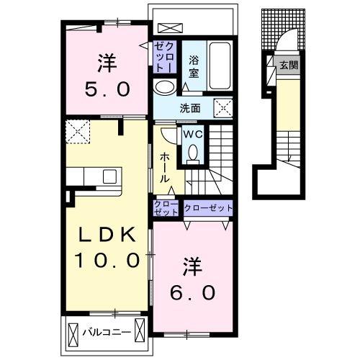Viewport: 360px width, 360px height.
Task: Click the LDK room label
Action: tap(107, 235)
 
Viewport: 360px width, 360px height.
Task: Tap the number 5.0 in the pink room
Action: tap(107, 89)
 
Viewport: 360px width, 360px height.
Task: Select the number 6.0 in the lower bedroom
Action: tap(192, 292)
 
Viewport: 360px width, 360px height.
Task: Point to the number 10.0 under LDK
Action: tap(107, 261)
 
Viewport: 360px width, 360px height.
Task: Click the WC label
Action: tap(193, 135)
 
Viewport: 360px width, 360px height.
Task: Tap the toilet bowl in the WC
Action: tap(193, 153)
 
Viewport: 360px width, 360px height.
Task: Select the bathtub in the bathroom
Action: tap(220, 66)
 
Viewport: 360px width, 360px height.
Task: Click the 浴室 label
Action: tap(194, 66)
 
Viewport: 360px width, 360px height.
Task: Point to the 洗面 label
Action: tap(190, 109)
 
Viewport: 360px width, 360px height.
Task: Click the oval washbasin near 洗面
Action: tap(165, 87)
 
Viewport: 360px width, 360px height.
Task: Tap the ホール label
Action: tap(165, 168)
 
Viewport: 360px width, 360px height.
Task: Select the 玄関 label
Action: tap(289, 65)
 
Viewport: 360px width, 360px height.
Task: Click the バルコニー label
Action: tap(107, 332)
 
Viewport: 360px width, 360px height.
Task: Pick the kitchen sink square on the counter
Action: tap(109, 176)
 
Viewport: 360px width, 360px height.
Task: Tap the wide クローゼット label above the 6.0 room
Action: tap(208, 208)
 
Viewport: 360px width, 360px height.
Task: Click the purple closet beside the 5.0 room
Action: tap(165, 57)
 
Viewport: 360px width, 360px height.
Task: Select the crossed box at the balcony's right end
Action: tap(140, 330)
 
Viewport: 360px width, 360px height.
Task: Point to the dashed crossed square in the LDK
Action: tap(78, 132)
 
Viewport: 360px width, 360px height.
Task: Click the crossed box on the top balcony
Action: tap(171, 28)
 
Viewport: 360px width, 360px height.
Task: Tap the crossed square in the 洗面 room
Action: tap(223, 108)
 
